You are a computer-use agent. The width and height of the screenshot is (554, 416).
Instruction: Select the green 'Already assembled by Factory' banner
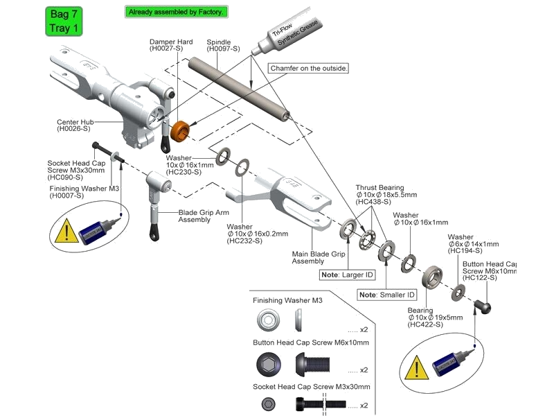pos(176,12)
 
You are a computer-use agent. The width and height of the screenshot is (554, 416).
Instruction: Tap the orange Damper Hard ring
pos(181,130)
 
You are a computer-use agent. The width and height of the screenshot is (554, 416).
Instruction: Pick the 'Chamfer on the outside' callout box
pos(307,69)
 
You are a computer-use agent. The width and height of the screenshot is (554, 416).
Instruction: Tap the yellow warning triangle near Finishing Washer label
pos(66,230)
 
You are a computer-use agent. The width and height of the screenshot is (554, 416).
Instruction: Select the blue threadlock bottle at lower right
pos(451,361)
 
